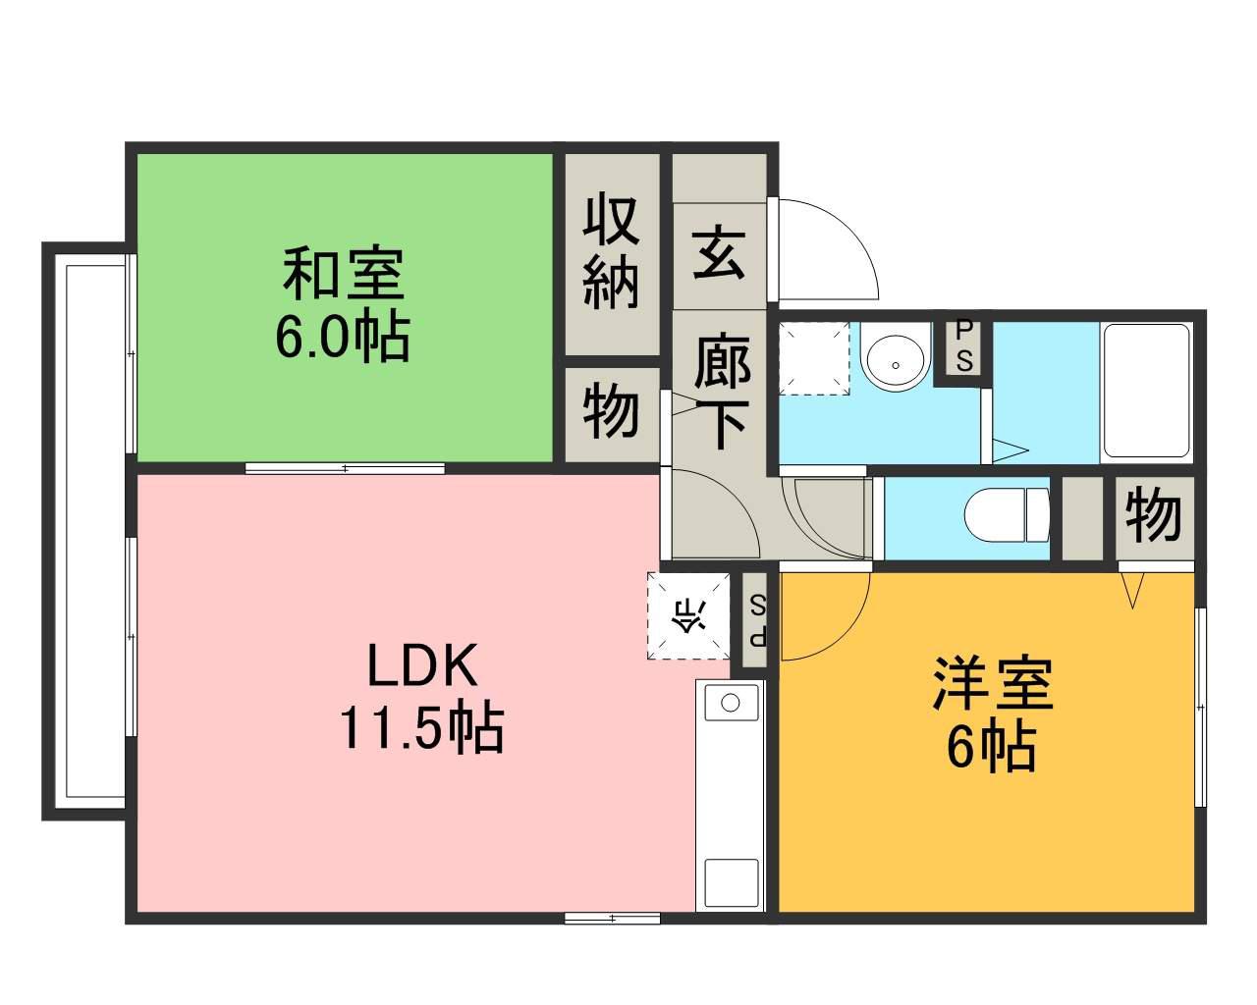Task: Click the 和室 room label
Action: click(343, 274)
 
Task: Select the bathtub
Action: click(1145, 391)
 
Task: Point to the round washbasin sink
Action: click(895, 358)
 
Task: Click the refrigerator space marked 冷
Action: click(688, 616)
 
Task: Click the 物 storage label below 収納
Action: click(611, 410)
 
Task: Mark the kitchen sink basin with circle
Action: click(730, 704)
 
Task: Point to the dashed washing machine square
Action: click(814, 358)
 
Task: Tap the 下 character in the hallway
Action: click(722, 425)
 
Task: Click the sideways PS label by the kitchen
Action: click(757, 621)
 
